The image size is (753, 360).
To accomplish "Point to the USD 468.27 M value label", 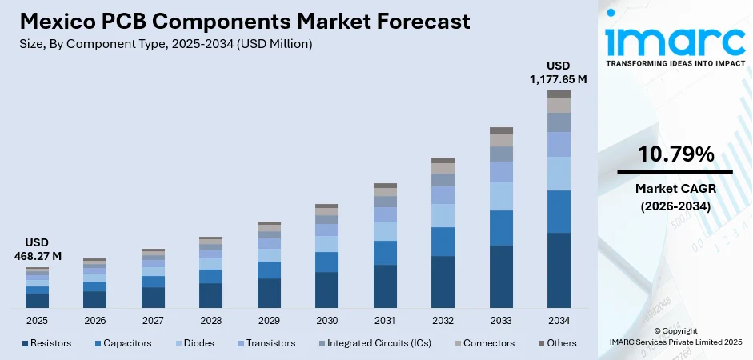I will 37,250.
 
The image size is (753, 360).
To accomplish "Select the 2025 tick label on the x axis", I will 37,320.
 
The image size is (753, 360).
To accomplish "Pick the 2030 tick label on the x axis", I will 326,320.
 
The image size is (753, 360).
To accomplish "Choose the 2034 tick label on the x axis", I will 559,320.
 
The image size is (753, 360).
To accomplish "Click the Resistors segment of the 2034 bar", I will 559,270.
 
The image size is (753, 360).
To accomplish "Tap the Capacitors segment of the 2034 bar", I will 559,211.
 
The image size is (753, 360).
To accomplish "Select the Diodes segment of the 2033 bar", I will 501,196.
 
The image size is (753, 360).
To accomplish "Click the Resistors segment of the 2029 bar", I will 269,293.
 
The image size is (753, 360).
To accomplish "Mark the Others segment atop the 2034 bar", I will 559,94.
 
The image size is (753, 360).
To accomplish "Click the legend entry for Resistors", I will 46,343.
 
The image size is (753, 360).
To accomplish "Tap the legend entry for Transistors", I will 264,343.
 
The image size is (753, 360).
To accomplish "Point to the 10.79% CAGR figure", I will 675,154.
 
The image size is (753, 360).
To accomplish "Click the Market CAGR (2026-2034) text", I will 675,197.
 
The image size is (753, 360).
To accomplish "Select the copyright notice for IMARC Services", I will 675,336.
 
